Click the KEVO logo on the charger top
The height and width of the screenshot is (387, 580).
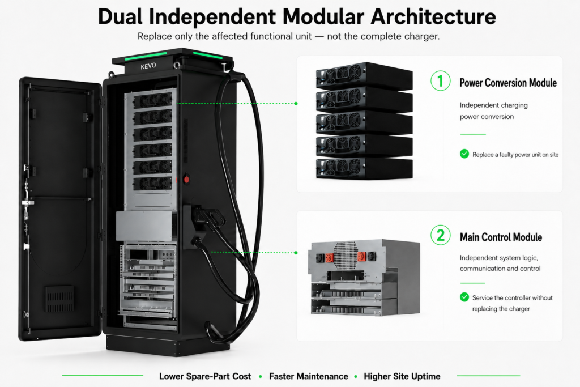[x=148, y=66]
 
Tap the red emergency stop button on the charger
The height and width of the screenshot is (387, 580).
[x=186, y=180]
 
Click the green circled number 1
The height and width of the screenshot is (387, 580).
[x=440, y=80]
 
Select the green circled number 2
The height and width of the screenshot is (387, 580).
[x=440, y=235]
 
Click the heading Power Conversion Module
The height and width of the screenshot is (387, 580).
[x=508, y=83]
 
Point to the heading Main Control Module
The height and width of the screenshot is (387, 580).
[x=501, y=237]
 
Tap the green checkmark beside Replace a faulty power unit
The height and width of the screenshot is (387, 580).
[x=464, y=154]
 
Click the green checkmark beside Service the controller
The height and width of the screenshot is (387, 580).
[x=464, y=297]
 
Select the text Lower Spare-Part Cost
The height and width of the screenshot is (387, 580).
[x=205, y=376]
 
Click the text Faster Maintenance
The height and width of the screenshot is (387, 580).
[x=309, y=376]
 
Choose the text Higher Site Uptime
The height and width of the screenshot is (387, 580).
[x=402, y=376]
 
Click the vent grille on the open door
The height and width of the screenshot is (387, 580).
[x=59, y=299]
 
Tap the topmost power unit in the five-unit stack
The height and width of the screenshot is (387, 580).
[x=364, y=76]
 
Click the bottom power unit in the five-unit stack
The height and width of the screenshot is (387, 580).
[x=364, y=168]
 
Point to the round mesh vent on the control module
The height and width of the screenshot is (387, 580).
[x=346, y=255]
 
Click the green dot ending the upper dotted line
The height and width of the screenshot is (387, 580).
[x=296, y=104]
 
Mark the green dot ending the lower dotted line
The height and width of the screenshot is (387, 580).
[x=296, y=253]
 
